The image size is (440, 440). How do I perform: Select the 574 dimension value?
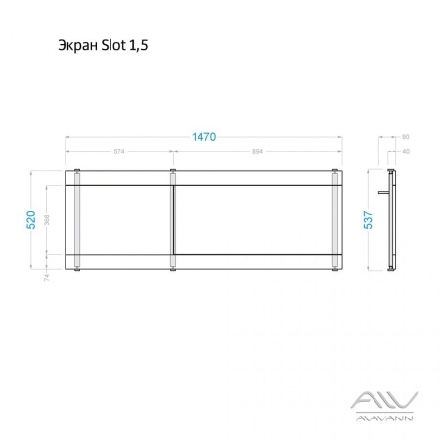119,152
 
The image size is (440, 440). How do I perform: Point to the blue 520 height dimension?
32,219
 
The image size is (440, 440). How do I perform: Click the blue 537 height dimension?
368,219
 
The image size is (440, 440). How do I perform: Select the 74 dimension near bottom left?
46,277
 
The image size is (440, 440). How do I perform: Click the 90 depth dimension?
405,138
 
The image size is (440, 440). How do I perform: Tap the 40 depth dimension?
405,151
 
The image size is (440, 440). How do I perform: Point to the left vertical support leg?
76,219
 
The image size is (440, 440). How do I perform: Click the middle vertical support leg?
173,219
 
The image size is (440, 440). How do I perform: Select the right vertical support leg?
337,219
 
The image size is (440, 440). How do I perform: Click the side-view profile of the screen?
393,220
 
